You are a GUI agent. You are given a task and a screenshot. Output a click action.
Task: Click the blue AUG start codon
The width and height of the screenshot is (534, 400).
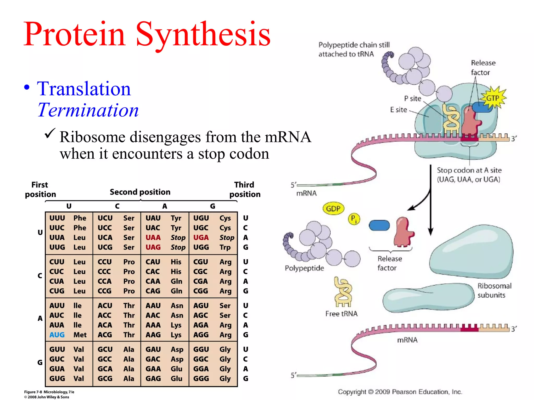tap(57, 335)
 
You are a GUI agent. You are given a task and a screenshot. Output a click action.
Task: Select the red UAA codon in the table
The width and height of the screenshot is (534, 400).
tap(153, 238)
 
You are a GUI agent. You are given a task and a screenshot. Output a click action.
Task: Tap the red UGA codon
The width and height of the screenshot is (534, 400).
tap(201, 238)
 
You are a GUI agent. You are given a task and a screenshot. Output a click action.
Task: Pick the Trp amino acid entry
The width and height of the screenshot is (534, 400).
tap(225, 247)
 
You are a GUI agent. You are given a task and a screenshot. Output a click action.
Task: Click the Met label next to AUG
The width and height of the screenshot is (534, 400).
tap(80, 335)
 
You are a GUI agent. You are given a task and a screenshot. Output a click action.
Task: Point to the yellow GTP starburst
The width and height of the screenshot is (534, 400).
tap(493, 98)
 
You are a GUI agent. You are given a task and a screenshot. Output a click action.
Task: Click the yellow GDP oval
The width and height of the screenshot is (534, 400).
tap(333, 209)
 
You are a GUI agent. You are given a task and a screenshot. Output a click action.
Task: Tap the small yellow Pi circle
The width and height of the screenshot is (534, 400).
tap(354, 219)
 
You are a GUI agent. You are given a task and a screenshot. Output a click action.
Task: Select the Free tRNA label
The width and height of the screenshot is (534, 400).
tap(341, 314)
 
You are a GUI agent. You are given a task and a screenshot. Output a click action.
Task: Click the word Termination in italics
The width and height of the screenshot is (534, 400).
tap(88, 110)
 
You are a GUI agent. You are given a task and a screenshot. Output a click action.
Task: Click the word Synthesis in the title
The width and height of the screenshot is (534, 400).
tap(203, 34)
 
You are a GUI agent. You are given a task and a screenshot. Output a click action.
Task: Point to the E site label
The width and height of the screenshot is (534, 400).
tap(398, 110)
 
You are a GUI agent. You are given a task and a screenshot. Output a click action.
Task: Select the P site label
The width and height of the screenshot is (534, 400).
tap(412, 98)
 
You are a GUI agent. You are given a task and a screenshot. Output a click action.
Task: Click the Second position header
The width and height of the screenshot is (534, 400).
tap(140, 192)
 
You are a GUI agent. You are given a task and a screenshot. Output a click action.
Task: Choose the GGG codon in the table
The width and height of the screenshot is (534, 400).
tap(201, 378)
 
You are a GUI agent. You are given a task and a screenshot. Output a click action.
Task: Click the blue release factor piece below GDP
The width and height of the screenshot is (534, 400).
tap(379, 226)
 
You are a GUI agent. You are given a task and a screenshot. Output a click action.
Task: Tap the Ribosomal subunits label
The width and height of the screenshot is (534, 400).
tap(494, 290)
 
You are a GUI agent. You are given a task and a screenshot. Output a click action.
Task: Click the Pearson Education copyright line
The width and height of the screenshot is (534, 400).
tap(400, 392)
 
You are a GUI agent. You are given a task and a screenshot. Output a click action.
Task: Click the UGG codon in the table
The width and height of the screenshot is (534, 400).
tap(201, 247)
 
